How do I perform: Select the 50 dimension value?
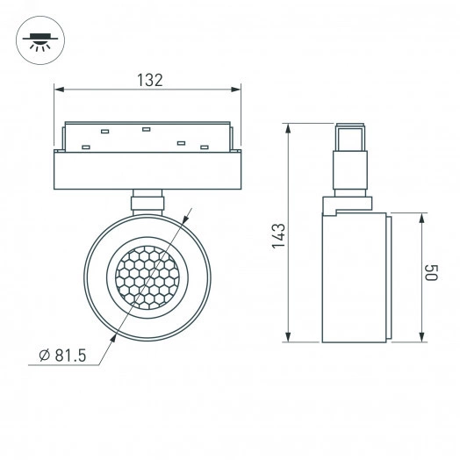431,273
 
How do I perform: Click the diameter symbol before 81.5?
44,356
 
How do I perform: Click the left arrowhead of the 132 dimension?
59,88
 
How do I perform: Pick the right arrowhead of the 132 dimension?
238,88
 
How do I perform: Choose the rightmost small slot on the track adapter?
205,146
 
